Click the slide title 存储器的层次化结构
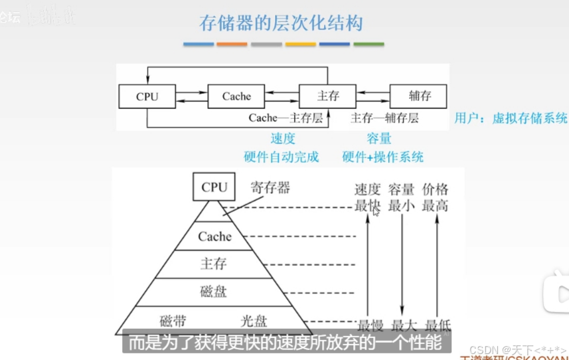pyautogui.click(x=282, y=23)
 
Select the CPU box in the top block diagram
pyautogui.click(x=147, y=96)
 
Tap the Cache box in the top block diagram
pyautogui.click(x=236, y=96)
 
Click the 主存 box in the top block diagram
pyautogui.click(x=328, y=96)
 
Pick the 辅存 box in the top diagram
pyautogui.click(x=420, y=96)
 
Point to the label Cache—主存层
pyautogui.click(x=285, y=118)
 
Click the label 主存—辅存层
pyautogui.click(x=384, y=118)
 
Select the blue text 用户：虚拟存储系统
pyautogui.click(x=511, y=118)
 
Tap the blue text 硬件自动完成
pyautogui.click(x=282, y=157)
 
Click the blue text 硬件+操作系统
pyautogui.click(x=382, y=157)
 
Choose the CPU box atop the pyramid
pyautogui.click(x=214, y=187)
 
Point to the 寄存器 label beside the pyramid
pyautogui.click(x=270, y=188)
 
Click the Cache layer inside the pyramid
pyautogui.click(x=214, y=236)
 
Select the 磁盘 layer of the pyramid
pyautogui.click(x=214, y=291)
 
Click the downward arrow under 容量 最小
pyautogui.click(x=402, y=266)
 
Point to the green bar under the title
pyautogui.click(x=368, y=45)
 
